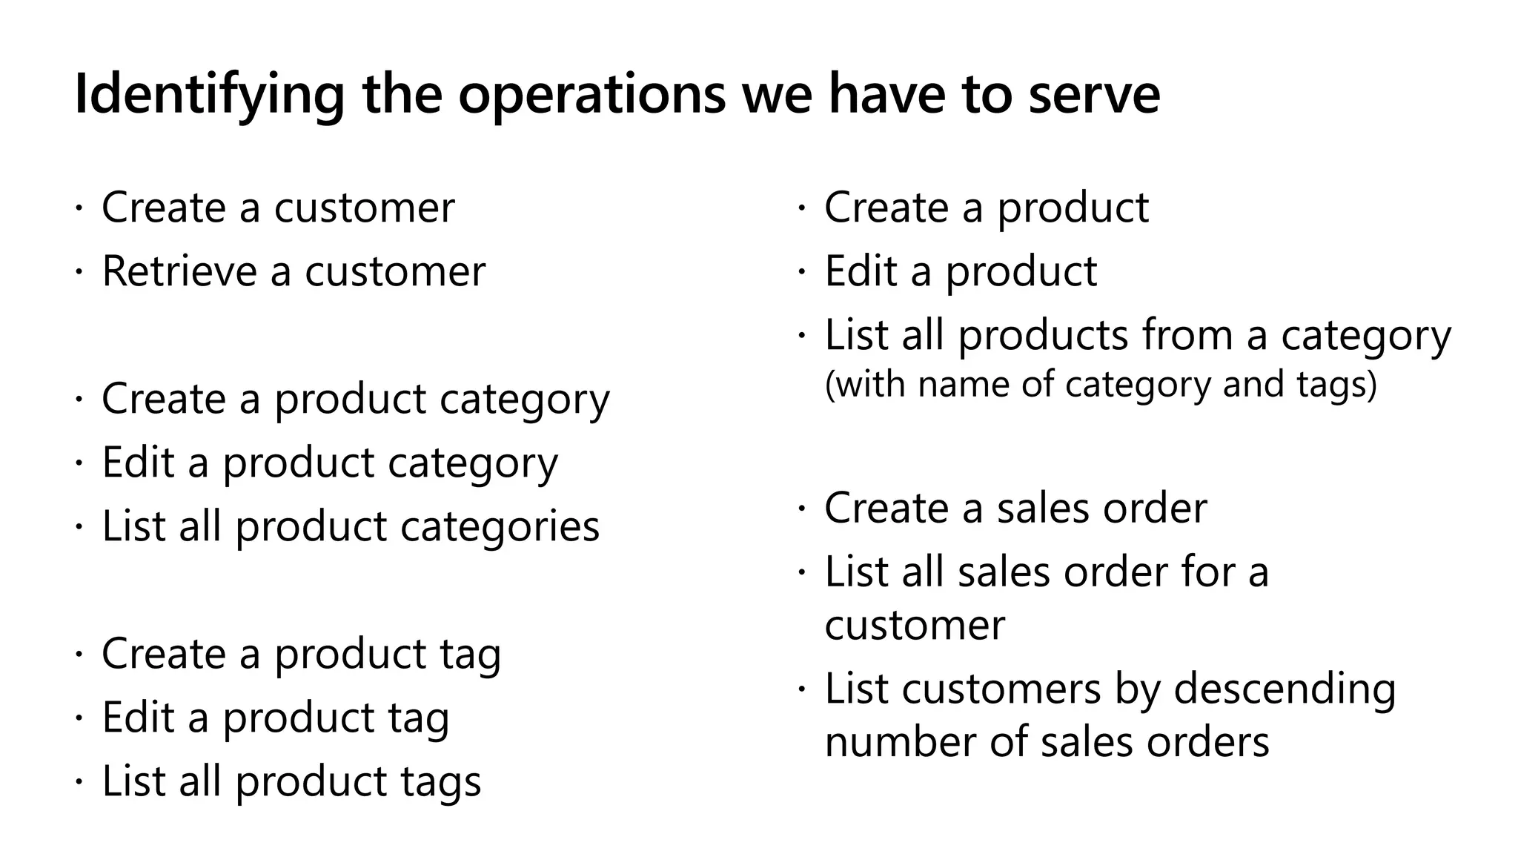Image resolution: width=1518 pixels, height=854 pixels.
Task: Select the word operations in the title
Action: [591, 95]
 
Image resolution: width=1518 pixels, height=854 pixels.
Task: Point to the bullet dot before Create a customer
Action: [78, 208]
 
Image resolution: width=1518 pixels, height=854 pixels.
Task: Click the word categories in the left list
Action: [500, 526]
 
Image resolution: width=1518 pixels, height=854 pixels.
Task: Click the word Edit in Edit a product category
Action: [137, 462]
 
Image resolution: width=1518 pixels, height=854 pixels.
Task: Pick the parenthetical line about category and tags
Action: [1101, 384]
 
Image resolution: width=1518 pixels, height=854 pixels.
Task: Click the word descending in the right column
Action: [1285, 688]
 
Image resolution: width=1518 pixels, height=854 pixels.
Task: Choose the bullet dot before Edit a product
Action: [801, 273]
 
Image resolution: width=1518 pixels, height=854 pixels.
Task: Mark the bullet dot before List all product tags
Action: [78, 783]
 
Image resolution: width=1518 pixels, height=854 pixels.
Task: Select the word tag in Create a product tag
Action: [470, 653]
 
